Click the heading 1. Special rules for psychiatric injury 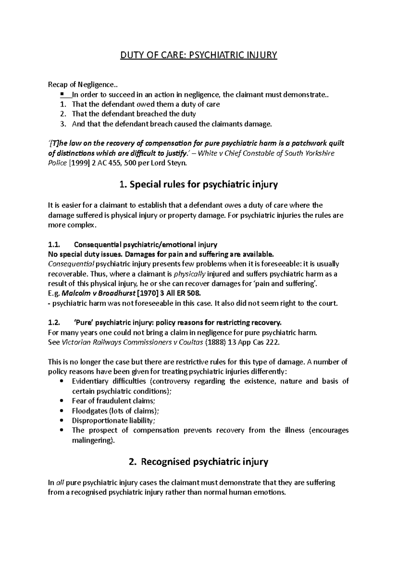point(198,184)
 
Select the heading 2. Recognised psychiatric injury point(198,462)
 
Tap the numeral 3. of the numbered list point(64,124)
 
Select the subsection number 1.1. point(54,245)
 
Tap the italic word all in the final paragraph point(60,483)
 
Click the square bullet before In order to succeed point(62,94)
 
